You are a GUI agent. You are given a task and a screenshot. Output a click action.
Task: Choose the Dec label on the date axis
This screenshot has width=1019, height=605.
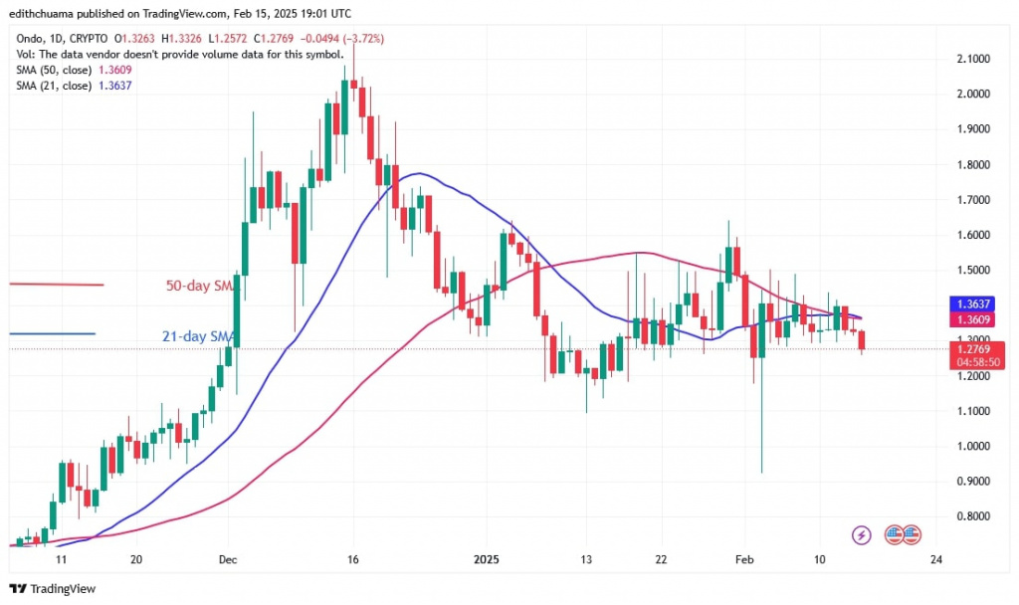228,559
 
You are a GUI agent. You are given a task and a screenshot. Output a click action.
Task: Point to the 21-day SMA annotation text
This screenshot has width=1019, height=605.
197,336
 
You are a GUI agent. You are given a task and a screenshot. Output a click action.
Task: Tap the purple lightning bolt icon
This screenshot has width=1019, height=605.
862,535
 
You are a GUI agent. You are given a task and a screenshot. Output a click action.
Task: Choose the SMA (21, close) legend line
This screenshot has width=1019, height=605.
75,87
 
